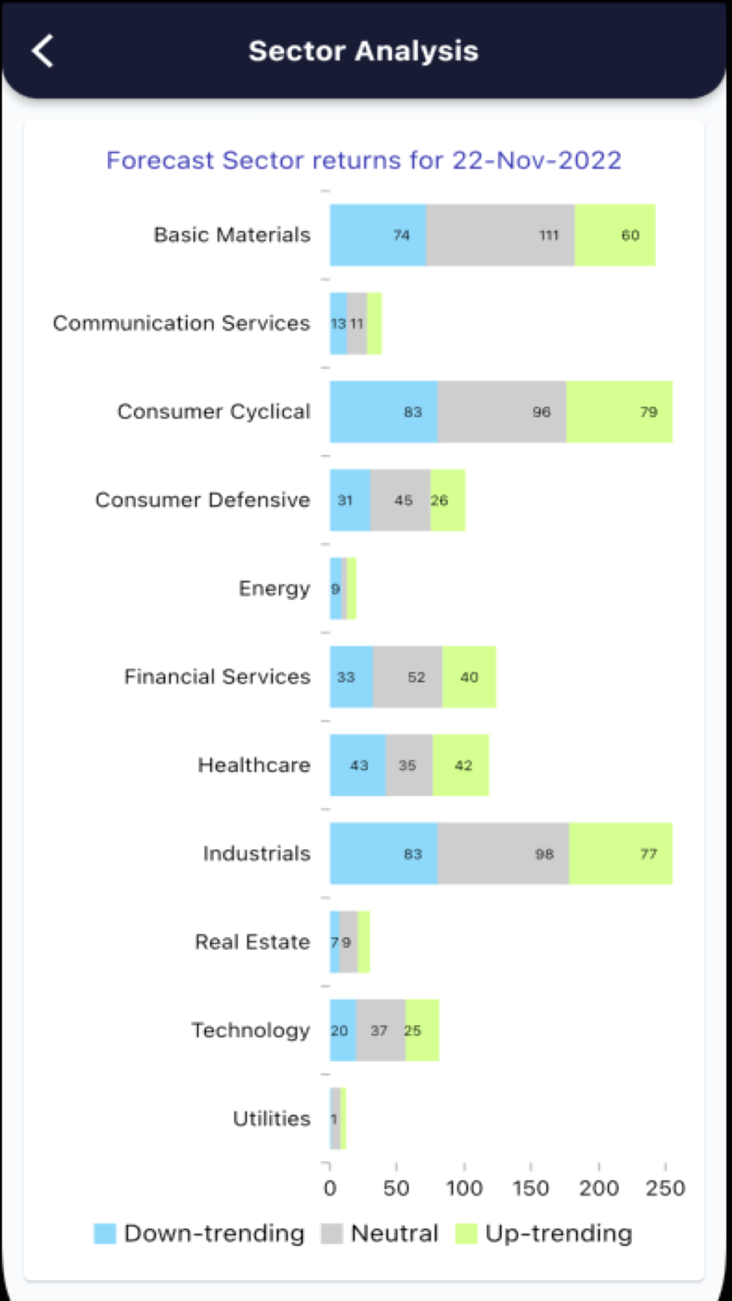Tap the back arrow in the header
tap(42, 51)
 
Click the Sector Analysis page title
tap(363, 51)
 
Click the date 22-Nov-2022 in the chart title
tap(537, 160)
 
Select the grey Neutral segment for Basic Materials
tap(501, 235)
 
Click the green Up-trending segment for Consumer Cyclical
tap(619, 412)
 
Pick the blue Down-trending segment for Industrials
tap(384, 853)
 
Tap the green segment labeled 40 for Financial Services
tap(469, 677)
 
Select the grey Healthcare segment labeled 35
tap(408, 765)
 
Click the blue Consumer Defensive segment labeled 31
tap(350, 500)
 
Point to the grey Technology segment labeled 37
tap(380, 1030)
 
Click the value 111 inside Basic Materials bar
tap(549, 236)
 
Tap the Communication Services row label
tap(182, 323)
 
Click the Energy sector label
tap(274, 588)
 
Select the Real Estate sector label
tap(253, 942)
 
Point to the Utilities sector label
tap(272, 1119)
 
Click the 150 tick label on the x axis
tap(531, 1188)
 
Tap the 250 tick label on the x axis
tap(665, 1188)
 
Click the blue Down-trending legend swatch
tap(105, 1234)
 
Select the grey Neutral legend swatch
tap(332, 1234)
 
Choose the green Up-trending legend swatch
tap(466, 1234)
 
